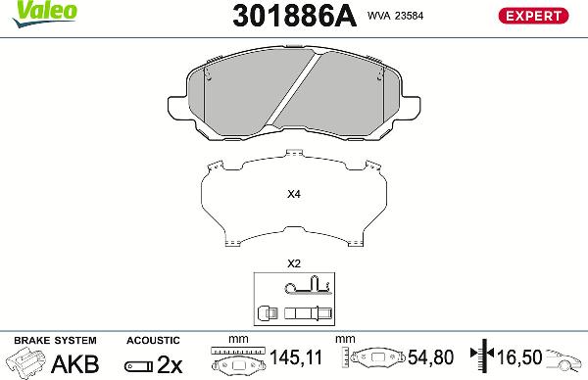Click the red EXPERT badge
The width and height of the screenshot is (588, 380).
(534, 15)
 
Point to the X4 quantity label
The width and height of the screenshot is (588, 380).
(293, 194)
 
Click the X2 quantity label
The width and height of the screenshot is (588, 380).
(293, 263)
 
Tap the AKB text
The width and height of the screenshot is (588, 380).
(74, 363)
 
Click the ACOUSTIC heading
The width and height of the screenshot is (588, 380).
(154, 340)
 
